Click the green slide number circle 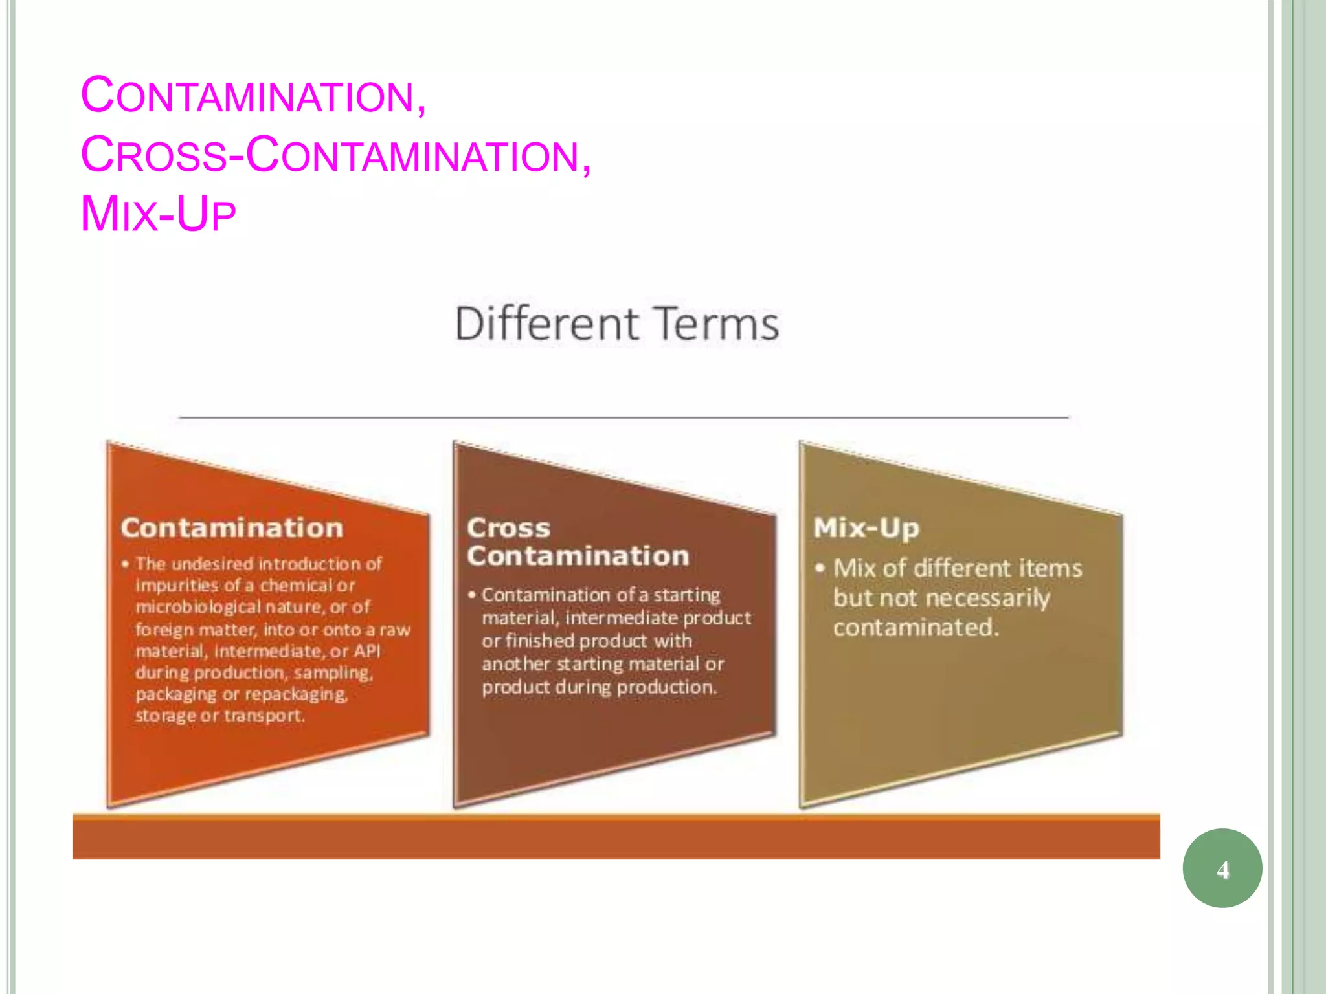pos(1222,868)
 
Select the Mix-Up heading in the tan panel pos(866,528)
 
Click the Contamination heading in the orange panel pos(232,528)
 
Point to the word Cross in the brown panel pos(508,528)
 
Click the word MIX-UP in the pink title pos(158,214)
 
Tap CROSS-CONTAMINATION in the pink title pos(335,155)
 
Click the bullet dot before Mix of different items pos(820,568)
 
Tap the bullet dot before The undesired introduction pos(125,564)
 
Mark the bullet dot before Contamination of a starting pos(472,595)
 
